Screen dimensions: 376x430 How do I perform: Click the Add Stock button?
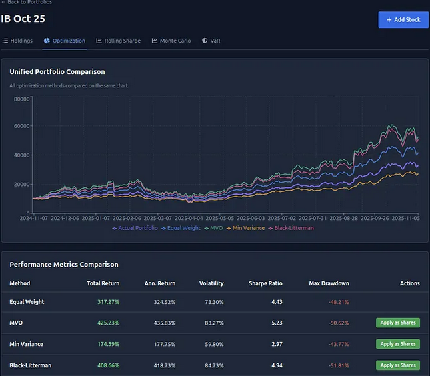pos(403,19)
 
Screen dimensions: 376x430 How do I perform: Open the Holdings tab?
pos(17,41)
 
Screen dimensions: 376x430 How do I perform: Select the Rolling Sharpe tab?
pos(119,41)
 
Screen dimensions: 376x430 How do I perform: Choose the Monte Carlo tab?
pos(171,41)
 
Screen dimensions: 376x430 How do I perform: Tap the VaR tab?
pos(211,41)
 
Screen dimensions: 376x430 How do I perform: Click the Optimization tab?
pos(65,41)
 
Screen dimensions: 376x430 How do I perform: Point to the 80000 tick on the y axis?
pos(21,99)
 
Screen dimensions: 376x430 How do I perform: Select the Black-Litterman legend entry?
pos(291,228)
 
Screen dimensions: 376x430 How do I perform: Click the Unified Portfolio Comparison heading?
pos(57,71)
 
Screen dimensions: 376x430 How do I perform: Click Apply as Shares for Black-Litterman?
pos(397,365)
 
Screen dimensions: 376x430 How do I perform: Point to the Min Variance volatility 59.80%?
pos(212,344)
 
